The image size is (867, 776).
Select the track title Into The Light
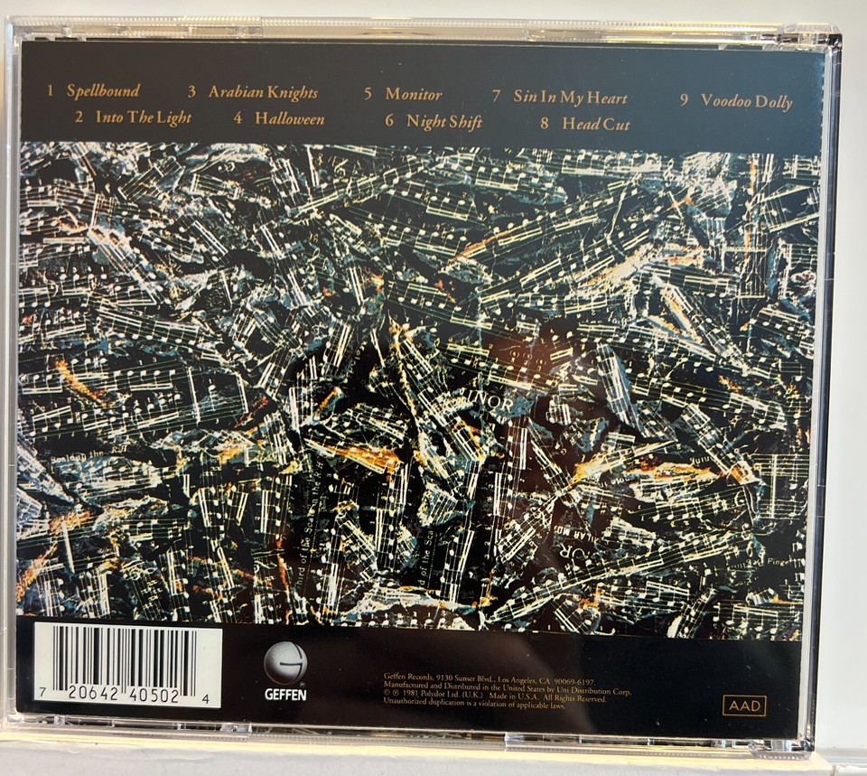click(143, 117)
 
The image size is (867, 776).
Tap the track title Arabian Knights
click(263, 93)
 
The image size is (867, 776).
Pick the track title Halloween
click(289, 117)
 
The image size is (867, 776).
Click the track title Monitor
click(414, 94)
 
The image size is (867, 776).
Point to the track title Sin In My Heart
click(570, 97)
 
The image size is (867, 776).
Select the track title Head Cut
click(596, 123)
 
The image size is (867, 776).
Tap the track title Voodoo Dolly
click(746, 101)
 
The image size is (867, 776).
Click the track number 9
click(685, 99)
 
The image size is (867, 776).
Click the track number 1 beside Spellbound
click(51, 91)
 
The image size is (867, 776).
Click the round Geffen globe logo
click(285, 663)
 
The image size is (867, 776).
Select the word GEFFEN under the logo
click(285, 695)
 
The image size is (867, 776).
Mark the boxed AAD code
click(744, 705)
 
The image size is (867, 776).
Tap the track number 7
click(497, 95)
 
